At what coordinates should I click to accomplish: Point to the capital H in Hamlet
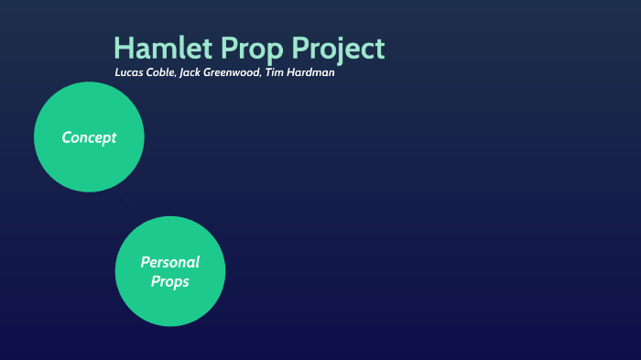pyautogui.click(x=124, y=49)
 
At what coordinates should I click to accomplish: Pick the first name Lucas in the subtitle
pyautogui.click(x=129, y=72)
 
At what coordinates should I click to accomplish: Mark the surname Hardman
pyautogui.click(x=311, y=72)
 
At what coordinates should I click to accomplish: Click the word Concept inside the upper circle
pyautogui.click(x=89, y=137)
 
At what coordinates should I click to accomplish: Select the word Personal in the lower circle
pyautogui.click(x=169, y=262)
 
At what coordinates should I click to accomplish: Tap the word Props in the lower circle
pyautogui.click(x=169, y=281)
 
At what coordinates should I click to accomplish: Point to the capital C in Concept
pyautogui.click(x=67, y=137)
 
